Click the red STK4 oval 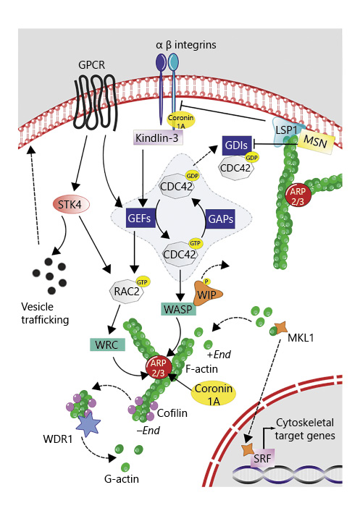(70, 204)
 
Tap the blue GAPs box (219, 216)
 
